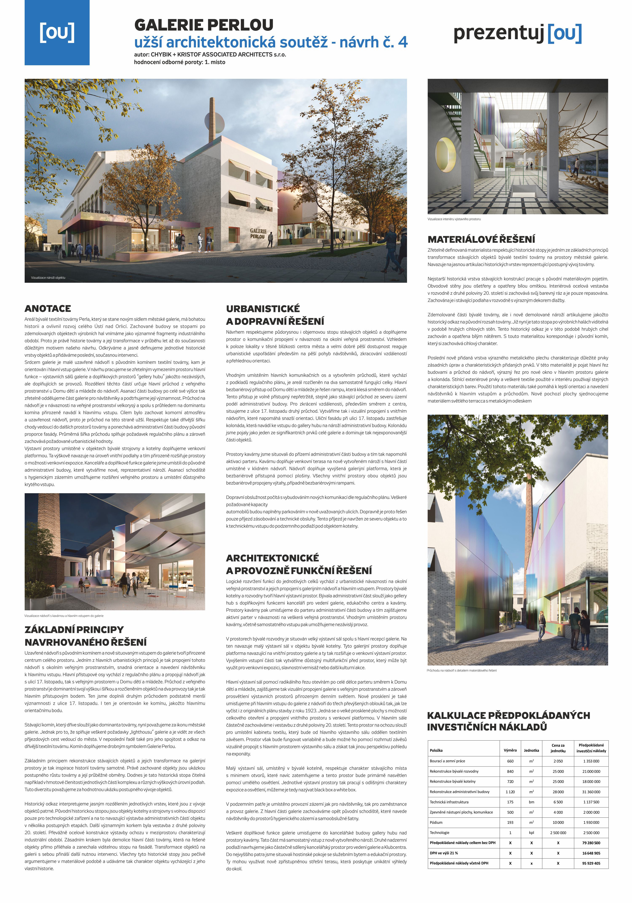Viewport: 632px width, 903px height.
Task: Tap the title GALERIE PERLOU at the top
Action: click(x=204, y=25)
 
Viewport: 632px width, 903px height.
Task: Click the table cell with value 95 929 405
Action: click(x=591, y=863)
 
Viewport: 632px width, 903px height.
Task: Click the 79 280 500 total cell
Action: click(x=591, y=843)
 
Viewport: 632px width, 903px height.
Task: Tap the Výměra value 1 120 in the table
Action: click(x=510, y=792)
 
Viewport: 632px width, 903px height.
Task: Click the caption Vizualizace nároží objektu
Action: click(x=48, y=278)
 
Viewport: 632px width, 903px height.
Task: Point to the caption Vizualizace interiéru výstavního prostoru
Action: click(x=454, y=219)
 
